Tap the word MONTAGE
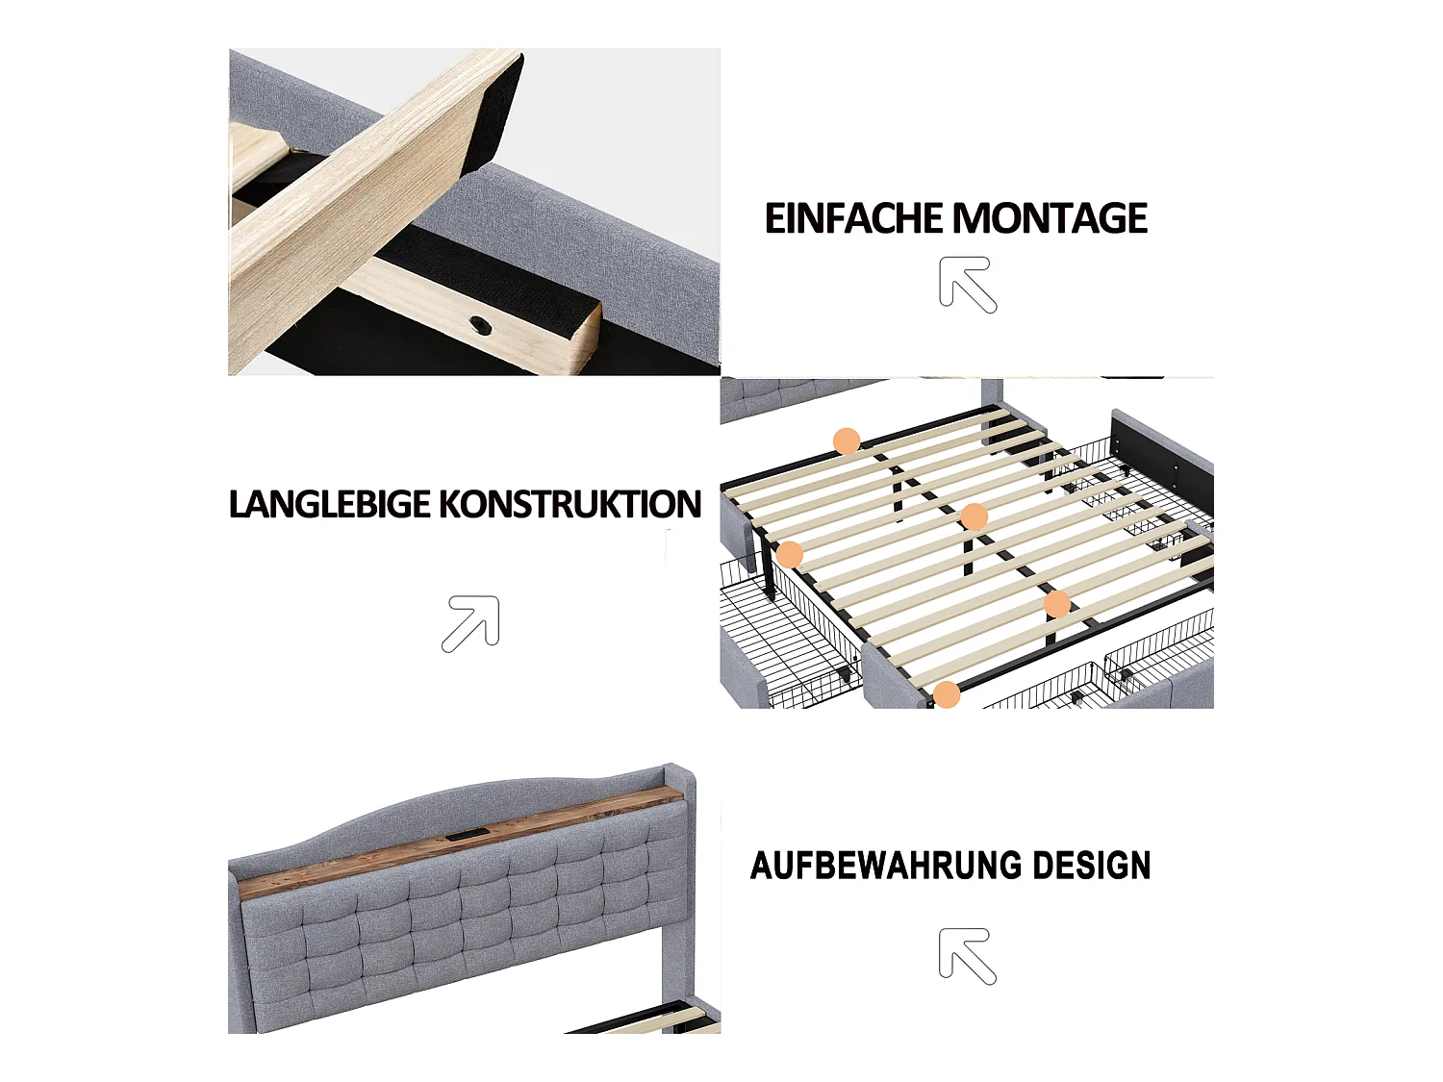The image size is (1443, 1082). (x=1051, y=219)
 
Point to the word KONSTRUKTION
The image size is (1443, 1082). (x=570, y=505)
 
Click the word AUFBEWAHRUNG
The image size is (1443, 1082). (x=873, y=866)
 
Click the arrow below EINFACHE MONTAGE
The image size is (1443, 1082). (x=968, y=285)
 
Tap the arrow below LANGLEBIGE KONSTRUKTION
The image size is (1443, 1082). (x=470, y=623)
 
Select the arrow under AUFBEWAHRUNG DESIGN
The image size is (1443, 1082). (x=968, y=956)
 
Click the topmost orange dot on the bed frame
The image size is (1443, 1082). (x=847, y=441)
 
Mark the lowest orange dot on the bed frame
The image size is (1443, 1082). (x=947, y=694)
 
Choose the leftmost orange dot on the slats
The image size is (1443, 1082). (x=790, y=554)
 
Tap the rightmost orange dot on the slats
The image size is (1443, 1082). (x=1057, y=604)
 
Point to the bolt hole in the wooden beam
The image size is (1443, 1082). (x=480, y=326)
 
